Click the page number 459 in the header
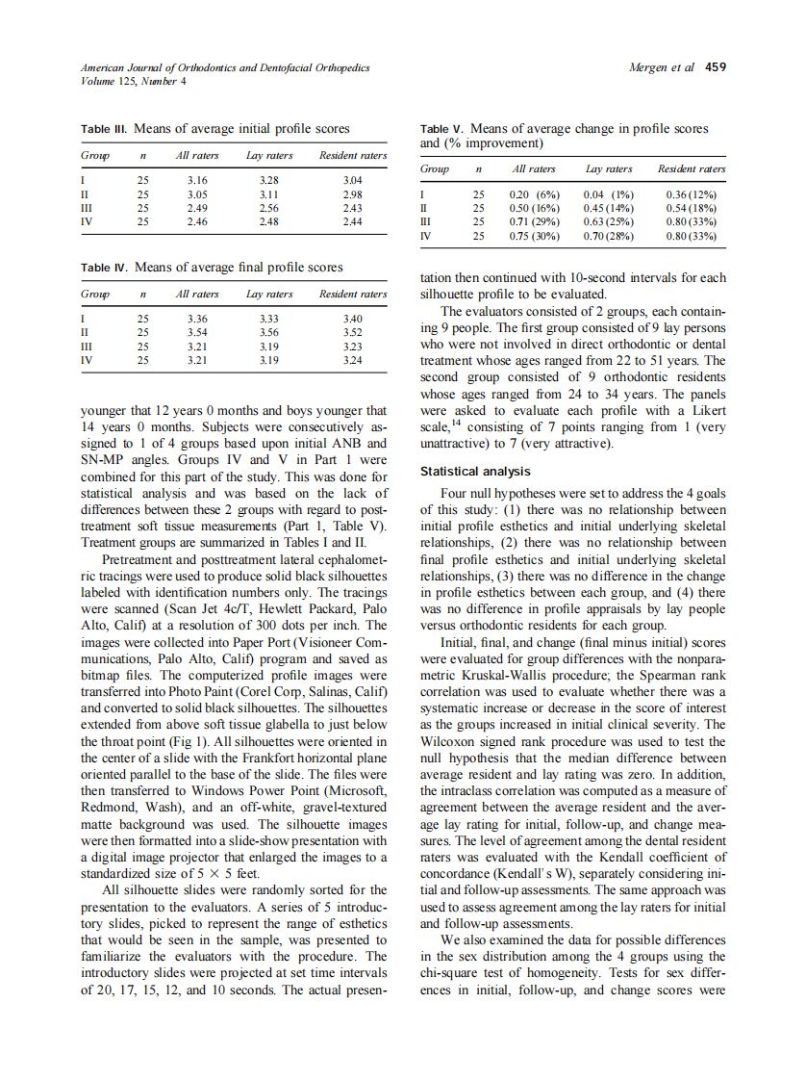coord(716,67)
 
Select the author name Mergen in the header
coord(648,67)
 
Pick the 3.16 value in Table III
coord(196,179)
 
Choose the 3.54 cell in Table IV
coord(196,332)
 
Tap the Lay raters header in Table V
coord(609,169)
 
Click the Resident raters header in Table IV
coord(352,294)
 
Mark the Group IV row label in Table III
coord(87,220)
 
